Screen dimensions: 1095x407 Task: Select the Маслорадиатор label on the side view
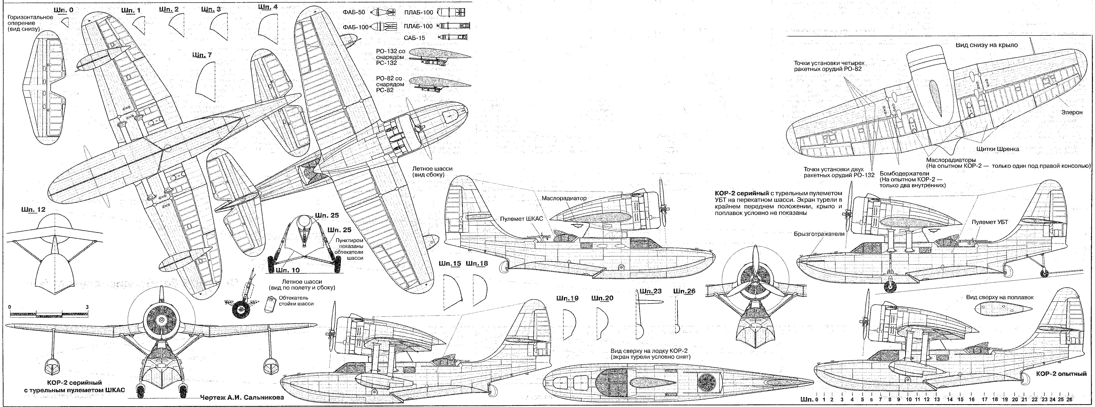coord(564,198)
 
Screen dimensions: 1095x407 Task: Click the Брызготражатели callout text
coord(819,234)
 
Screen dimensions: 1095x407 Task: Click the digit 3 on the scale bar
coord(87,307)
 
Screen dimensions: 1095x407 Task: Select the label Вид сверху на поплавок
coord(999,297)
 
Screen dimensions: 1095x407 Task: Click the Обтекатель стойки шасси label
coord(296,301)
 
